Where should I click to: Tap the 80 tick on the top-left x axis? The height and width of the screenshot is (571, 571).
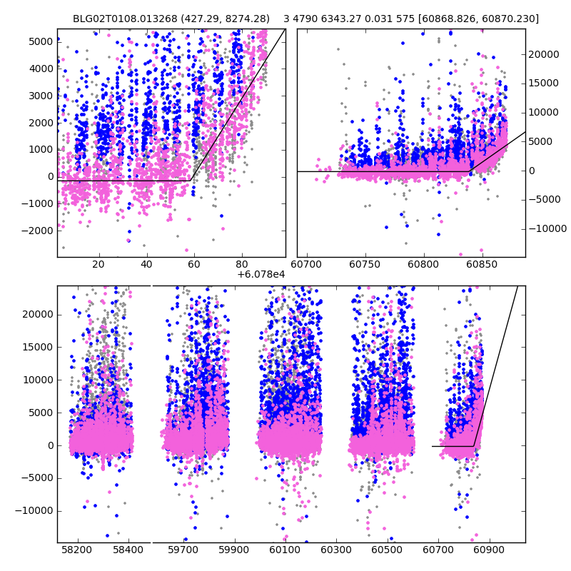[x=242, y=265]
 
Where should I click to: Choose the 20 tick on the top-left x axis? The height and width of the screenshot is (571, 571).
[x=98, y=265]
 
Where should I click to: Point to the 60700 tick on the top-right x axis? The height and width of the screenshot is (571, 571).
[x=308, y=265]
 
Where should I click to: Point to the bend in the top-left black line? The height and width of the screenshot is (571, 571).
[x=191, y=180]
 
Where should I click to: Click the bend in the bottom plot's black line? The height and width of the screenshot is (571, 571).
[x=473, y=446]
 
